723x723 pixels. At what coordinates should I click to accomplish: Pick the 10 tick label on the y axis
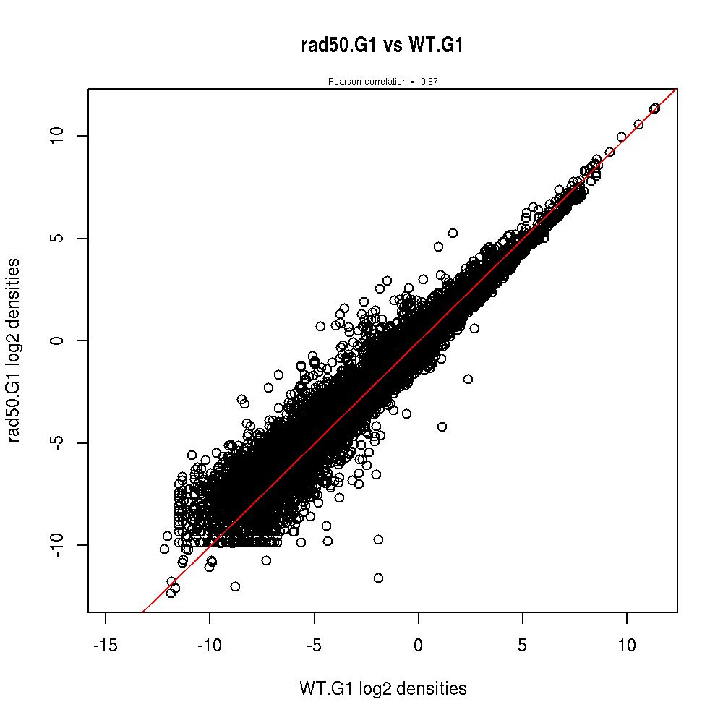point(59,135)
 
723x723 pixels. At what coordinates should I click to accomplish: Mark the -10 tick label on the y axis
point(59,544)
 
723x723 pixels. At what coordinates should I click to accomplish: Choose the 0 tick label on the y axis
point(59,340)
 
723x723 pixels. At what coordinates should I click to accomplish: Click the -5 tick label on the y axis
point(59,442)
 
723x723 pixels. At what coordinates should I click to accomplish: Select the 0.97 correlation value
point(429,82)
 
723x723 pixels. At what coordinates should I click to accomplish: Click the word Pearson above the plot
point(341,82)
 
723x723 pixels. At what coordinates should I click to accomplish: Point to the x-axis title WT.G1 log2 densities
point(382,689)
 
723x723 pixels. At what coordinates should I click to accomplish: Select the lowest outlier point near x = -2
point(378,578)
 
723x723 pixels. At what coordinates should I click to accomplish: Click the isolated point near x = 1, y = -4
point(442,427)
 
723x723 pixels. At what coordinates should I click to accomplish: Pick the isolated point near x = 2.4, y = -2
point(468,379)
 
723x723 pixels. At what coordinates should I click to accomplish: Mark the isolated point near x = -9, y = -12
point(235,586)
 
